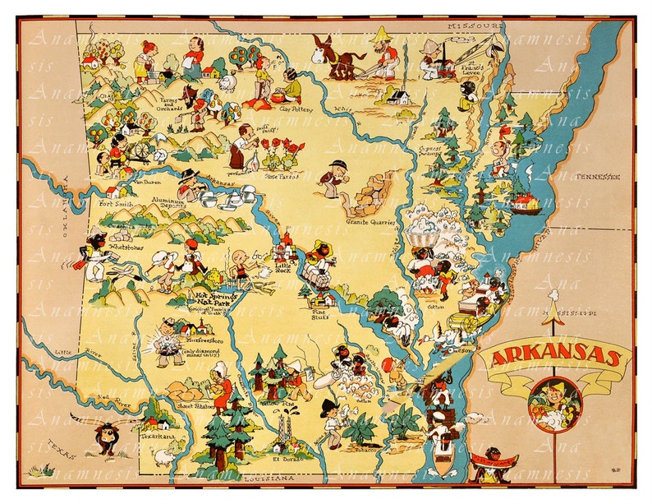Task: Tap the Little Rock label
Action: click(283, 266)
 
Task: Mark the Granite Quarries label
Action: click(372, 222)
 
